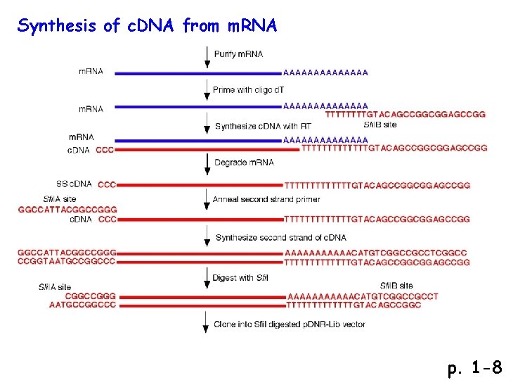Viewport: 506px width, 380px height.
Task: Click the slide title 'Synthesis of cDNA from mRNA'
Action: pyautogui.click(x=148, y=27)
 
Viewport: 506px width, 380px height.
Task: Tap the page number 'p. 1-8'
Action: pyautogui.click(x=474, y=367)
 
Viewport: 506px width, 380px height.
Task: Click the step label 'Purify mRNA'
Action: pyautogui.click(x=238, y=55)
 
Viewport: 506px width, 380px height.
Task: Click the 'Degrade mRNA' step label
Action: pyautogui.click(x=244, y=163)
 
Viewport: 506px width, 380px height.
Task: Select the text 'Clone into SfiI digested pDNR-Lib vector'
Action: pyautogui.click(x=290, y=324)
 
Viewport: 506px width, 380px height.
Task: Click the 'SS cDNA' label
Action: pyautogui.click(x=74, y=184)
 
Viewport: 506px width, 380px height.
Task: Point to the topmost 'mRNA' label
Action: pyautogui.click(x=91, y=71)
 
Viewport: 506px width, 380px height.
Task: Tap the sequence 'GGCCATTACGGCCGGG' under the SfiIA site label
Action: pyautogui.click(x=67, y=210)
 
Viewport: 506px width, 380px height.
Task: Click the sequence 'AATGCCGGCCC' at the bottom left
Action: pyautogui.click(x=82, y=305)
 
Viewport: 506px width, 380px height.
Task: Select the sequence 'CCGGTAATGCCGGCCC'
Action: pyautogui.click(x=67, y=262)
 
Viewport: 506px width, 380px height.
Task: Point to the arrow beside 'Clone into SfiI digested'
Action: pyautogui.click(x=206, y=325)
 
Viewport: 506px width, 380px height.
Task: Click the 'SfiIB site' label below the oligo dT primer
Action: pyautogui.click(x=380, y=124)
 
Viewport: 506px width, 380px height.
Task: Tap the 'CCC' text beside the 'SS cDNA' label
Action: pyautogui.click(x=107, y=184)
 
